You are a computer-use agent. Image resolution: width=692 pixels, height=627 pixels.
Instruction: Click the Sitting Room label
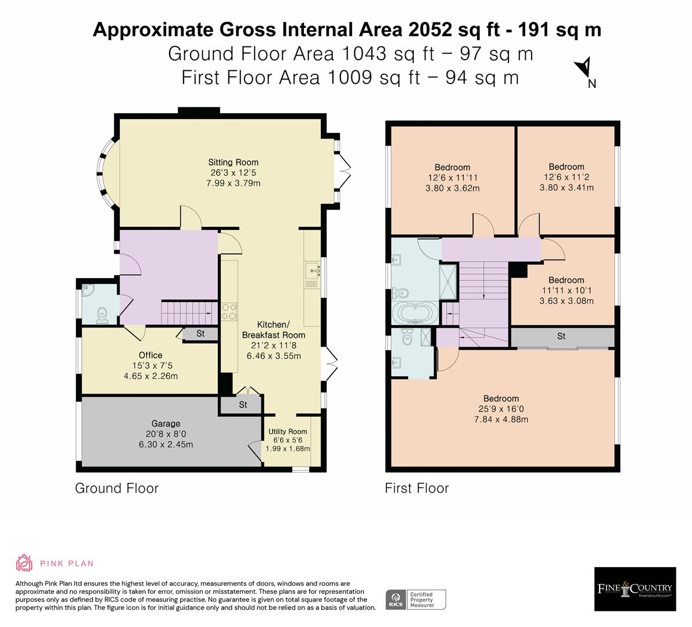pos(234,163)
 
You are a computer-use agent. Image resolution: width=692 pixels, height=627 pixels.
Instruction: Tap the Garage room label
pos(166,424)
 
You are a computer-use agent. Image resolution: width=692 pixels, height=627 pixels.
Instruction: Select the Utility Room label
pos(287,431)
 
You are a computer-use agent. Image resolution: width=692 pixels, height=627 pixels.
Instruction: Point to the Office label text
pos(150,355)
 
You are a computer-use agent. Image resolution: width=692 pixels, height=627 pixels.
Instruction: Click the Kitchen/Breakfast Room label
pos(273,329)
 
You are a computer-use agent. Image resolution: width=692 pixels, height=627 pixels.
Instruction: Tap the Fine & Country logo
pos(635,589)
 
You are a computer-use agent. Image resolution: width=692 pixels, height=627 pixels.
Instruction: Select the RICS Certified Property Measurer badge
pos(416,599)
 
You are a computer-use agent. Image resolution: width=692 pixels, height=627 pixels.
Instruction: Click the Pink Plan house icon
pos(24,563)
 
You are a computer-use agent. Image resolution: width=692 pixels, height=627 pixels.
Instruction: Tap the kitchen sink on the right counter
pos(312,269)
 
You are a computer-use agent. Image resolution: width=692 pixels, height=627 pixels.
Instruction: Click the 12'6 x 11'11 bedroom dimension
pos(452,178)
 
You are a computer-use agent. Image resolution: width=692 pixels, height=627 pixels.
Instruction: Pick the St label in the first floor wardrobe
pos(561,336)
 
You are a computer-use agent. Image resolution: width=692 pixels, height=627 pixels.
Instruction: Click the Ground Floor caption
pos(117,488)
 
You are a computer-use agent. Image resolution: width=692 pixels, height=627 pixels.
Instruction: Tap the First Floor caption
pos(417,488)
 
